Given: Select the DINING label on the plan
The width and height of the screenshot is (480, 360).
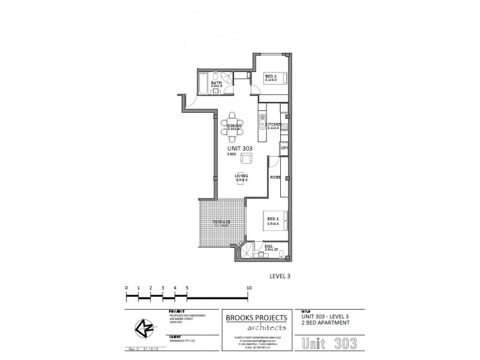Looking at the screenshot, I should (234, 125).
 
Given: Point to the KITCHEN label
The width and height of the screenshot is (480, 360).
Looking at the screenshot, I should (273, 125).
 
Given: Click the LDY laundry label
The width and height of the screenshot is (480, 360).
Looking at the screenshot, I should (285, 147).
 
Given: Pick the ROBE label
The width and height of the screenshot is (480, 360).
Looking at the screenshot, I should (275, 178).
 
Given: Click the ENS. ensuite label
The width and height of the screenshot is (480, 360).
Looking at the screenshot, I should (269, 246).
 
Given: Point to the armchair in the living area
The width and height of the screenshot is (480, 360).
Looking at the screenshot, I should (245, 158).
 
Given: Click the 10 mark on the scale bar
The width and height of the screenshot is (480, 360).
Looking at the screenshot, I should (248, 288).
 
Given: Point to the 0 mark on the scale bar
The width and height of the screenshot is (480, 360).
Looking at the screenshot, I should (127, 288).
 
